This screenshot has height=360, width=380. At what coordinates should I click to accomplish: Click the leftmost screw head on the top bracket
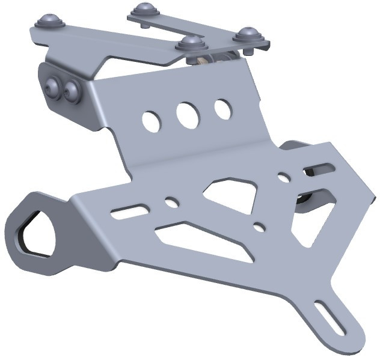(49, 22)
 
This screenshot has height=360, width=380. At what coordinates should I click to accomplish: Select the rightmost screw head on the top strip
(248, 34)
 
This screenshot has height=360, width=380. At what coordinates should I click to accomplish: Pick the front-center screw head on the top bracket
(192, 43)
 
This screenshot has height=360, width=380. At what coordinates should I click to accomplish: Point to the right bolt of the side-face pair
(72, 91)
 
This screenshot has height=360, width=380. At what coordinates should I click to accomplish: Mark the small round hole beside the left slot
(171, 201)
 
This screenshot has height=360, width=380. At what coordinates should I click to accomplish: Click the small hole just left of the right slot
(283, 177)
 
